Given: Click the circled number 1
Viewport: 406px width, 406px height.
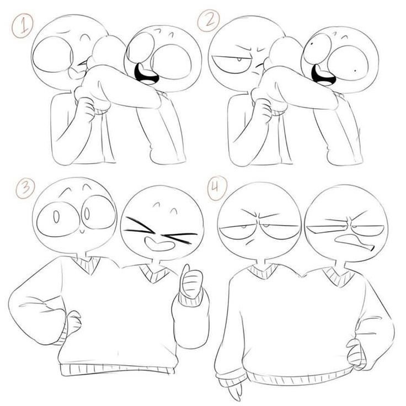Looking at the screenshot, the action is [22, 25].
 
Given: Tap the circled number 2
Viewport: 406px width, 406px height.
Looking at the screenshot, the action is [209, 20].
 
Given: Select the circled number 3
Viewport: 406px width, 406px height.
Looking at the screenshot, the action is [25, 189].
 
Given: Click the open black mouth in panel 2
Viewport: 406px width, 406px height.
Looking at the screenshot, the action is [323, 75].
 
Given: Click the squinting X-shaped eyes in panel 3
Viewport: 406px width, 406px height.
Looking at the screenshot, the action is [160, 230].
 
